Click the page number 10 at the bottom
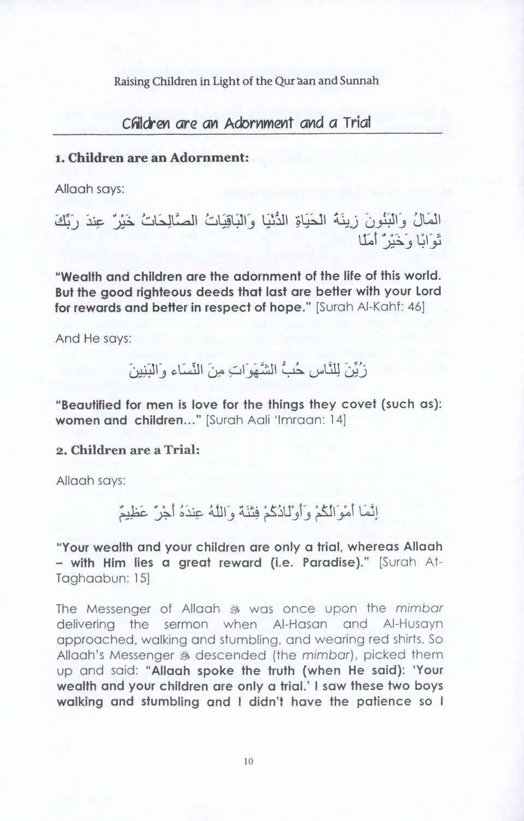249,761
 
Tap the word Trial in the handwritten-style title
356,123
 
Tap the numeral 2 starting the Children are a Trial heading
60,451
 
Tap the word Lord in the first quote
427,291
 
